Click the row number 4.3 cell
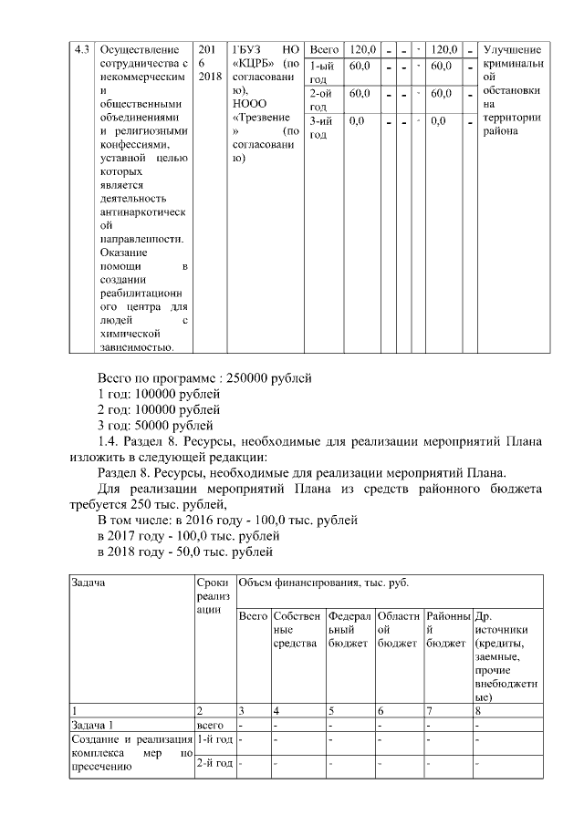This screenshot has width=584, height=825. click(82, 48)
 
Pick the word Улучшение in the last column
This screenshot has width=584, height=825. click(511, 48)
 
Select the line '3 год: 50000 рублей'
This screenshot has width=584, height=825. click(156, 426)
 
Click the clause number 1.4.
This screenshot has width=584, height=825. click(110, 442)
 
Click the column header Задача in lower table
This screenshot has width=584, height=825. click(91, 582)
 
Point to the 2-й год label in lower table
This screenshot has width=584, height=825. click(214, 762)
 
